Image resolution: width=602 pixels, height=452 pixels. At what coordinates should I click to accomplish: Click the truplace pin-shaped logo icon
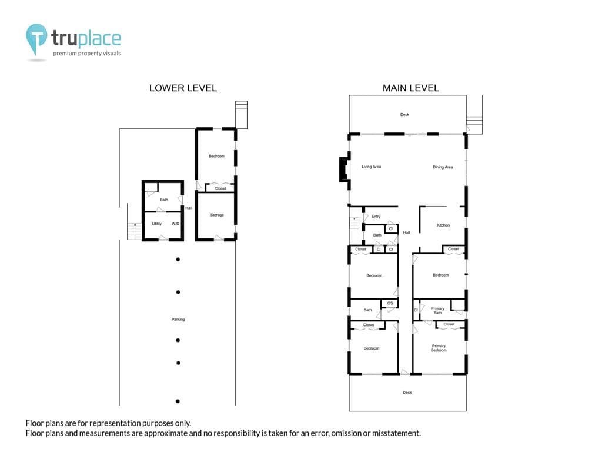click(36, 38)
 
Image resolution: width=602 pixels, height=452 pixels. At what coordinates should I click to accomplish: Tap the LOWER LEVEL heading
click(183, 88)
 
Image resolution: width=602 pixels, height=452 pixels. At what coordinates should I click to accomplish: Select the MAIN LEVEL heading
click(411, 88)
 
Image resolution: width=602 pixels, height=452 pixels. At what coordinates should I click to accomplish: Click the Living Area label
click(372, 167)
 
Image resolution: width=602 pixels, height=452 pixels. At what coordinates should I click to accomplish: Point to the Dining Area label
click(443, 167)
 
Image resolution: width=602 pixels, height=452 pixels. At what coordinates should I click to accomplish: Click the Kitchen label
click(443, 225)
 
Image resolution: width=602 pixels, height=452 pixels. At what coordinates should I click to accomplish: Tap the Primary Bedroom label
click(439, 348)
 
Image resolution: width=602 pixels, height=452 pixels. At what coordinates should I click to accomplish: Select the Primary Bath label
click(437, 311)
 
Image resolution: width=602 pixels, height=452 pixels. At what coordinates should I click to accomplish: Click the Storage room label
click(217, 215)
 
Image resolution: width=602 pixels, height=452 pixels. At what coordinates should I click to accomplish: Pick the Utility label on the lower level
click(156, 224)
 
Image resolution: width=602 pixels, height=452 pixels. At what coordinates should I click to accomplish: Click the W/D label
click(175, 224)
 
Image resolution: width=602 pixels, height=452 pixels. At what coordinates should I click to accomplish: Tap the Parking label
click(178, 320)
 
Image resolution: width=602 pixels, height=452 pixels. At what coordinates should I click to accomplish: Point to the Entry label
click(376, 217)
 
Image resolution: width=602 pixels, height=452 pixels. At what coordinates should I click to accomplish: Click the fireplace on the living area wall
click(344, 169)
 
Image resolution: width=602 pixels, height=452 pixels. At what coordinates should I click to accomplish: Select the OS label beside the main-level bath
click(390, 303)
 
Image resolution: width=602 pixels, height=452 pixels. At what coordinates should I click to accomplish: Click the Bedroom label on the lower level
click(216, 156)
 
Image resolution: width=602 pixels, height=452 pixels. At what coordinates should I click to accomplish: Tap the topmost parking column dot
click(178, 260)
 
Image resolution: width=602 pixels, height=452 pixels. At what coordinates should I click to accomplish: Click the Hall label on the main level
click(407, 232)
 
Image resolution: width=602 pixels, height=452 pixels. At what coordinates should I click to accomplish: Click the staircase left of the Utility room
click(135, 231)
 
